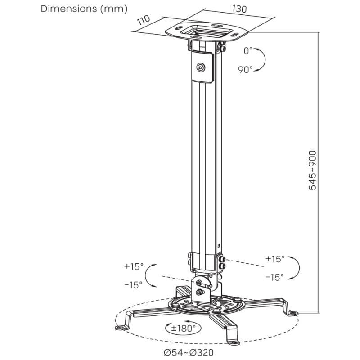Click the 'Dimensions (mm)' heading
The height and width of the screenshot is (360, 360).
(x=84, y=9)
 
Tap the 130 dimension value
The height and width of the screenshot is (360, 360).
(x=239, y=9)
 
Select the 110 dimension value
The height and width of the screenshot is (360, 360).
(x=143, y=20)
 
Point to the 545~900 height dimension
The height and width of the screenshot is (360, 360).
(x=312, y=170)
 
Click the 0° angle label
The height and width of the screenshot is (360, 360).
(x=248, y=51)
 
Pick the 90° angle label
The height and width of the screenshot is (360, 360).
(x=245, y=70)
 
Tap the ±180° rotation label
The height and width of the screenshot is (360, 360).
(x=184, y=328)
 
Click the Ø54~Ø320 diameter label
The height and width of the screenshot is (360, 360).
(x=189, y=352)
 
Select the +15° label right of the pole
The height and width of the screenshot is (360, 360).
(x=275, y=259)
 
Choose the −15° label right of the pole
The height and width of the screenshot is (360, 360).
(x=275, y=277)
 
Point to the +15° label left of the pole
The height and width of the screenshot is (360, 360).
(x=134, y=266)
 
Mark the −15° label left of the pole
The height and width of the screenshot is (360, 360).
(x=133, y=285)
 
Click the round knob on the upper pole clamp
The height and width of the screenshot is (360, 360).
(x=201, y=67)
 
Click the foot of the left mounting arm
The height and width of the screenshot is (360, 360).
(x=120, y=327)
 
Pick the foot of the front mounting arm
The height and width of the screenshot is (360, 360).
(x=233, y=342)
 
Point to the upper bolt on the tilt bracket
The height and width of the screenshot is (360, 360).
(x=199, y=283)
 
